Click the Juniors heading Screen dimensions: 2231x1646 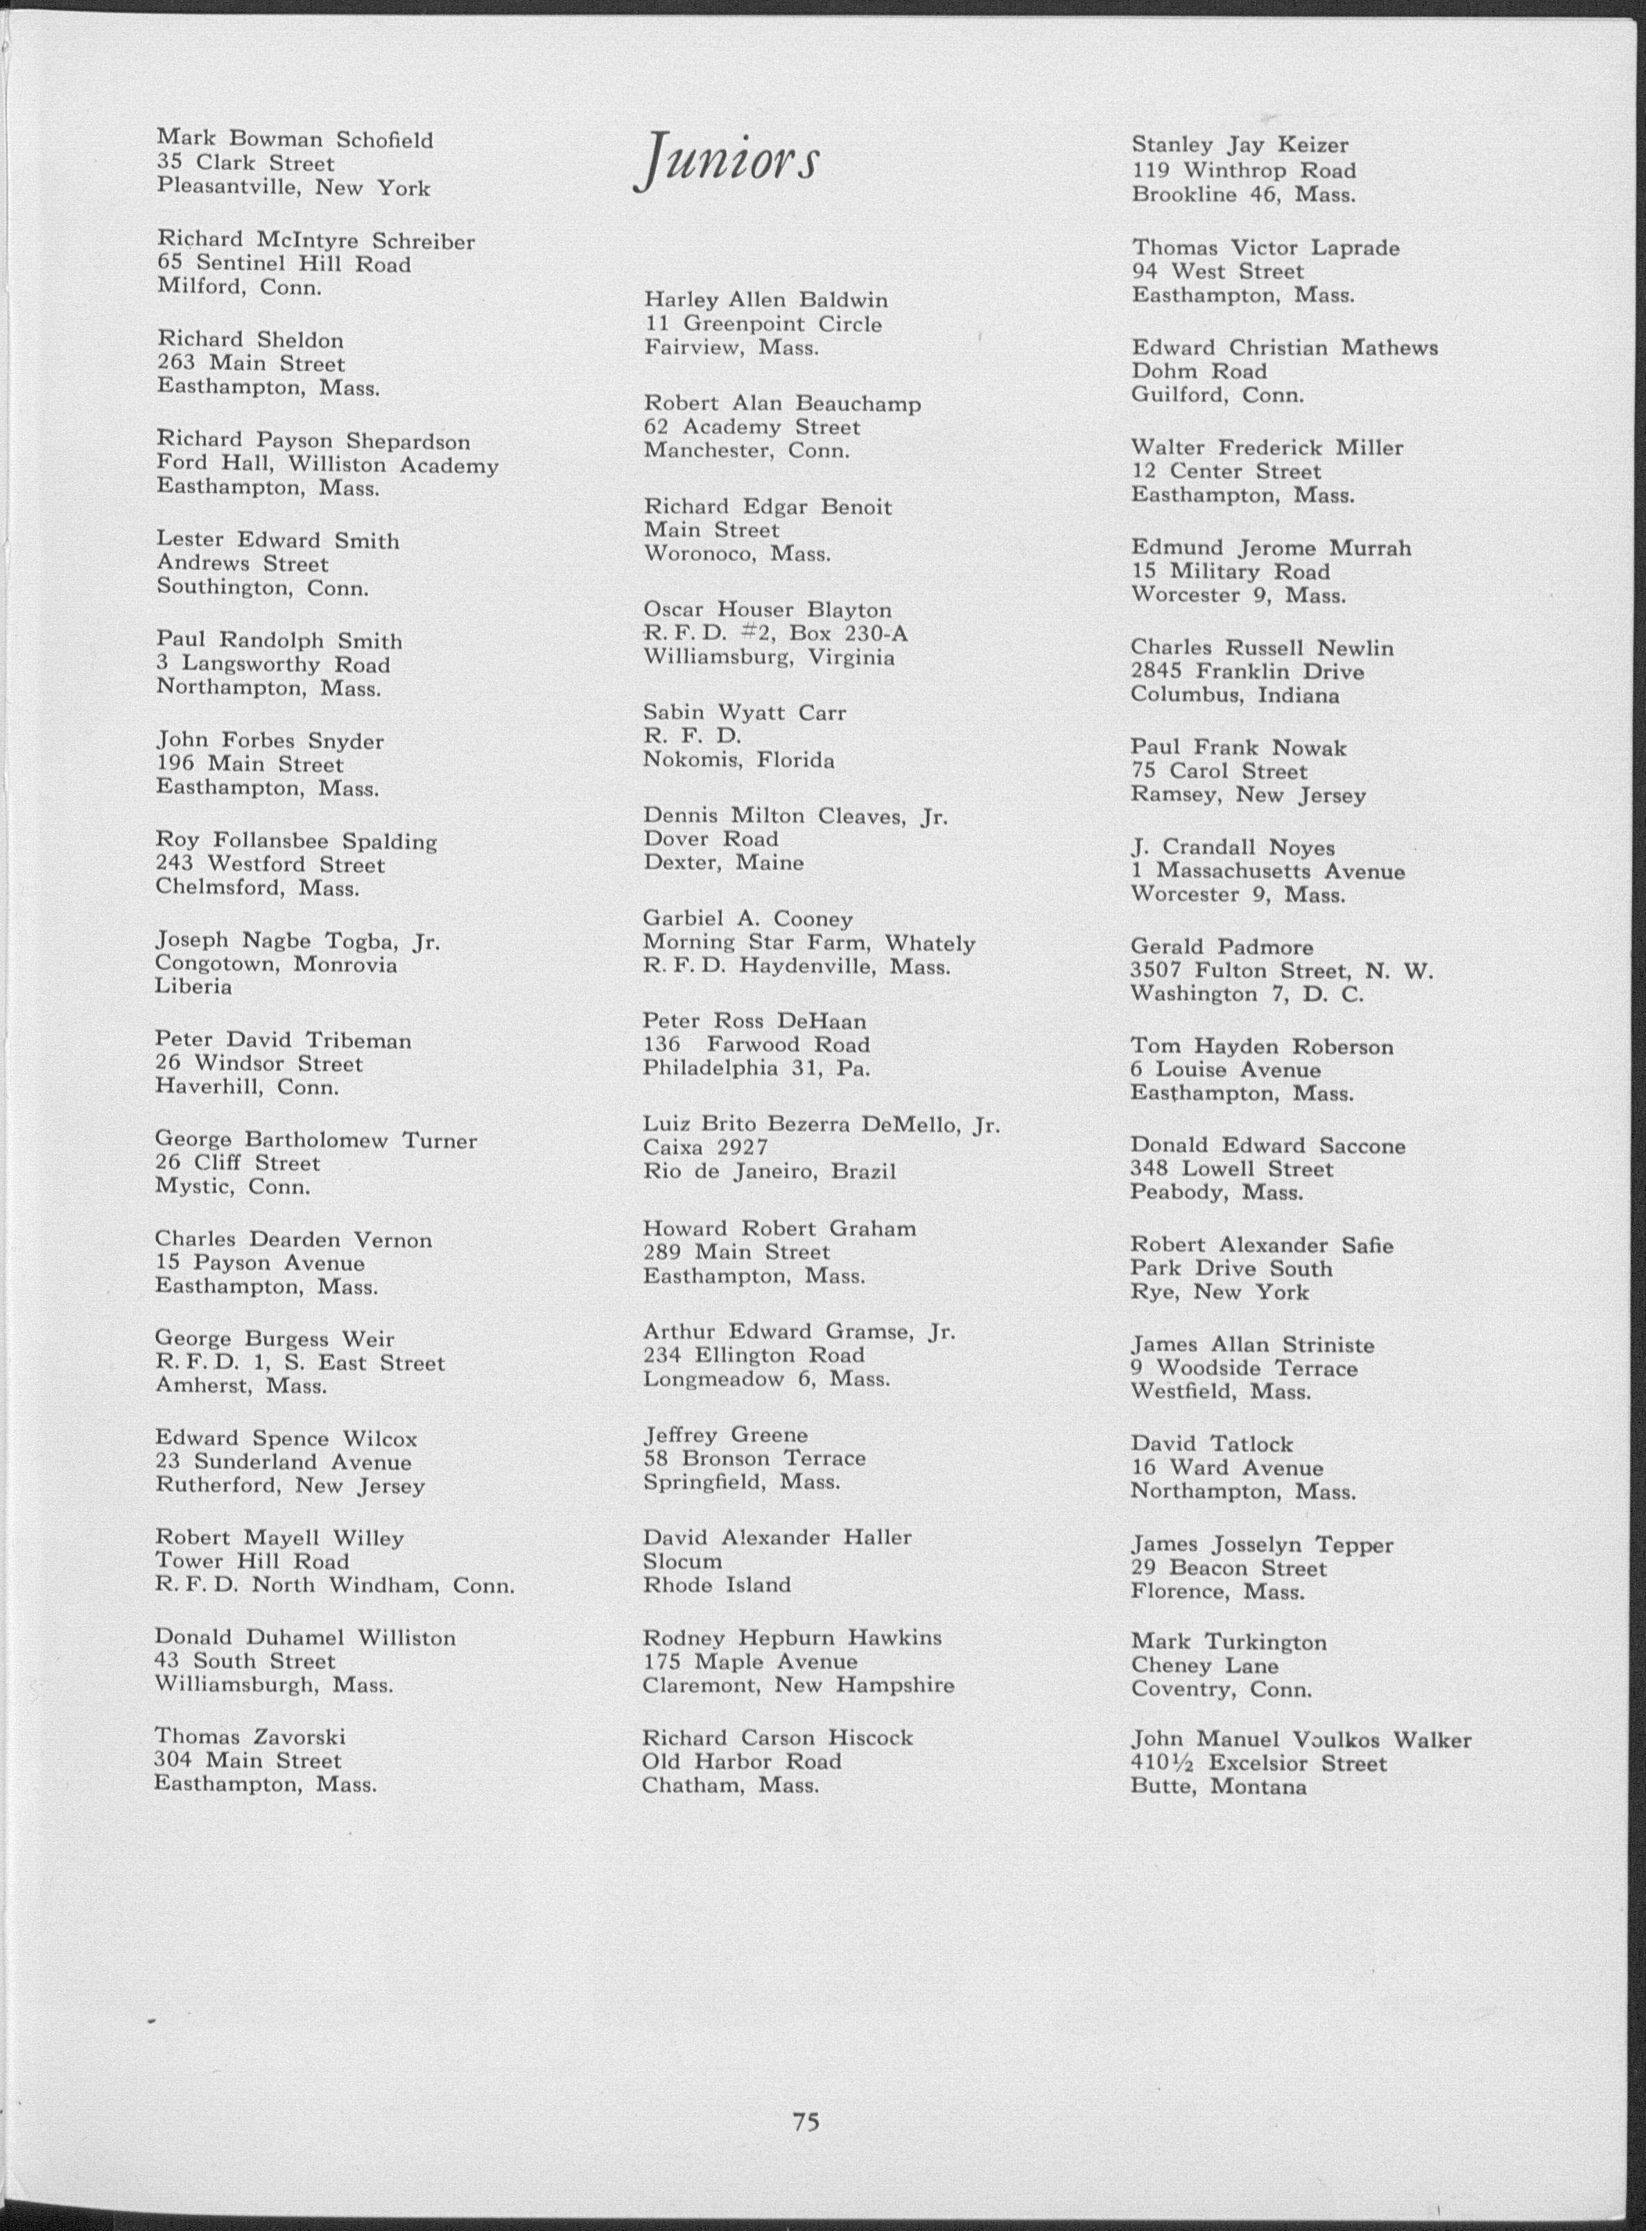click(727, 159)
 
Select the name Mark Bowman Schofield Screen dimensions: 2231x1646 click(295, 139)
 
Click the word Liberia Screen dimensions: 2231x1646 click(193, 987)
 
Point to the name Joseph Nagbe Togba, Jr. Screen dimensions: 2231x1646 click(297, 941)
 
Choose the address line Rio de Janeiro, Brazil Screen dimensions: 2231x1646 click(769, 1172)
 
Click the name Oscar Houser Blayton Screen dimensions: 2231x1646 click(768, 610)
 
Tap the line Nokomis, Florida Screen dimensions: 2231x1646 click(738, 761)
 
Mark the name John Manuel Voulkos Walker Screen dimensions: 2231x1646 click(1300, 1739)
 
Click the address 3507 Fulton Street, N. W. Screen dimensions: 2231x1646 click(1281, 971)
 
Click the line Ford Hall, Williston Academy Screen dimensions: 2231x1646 click(327, 465)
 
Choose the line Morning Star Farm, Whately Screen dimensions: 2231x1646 click(808, 943)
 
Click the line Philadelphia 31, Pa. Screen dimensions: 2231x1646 click(756, 1068)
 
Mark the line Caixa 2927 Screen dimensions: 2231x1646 click(705, 1148)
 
